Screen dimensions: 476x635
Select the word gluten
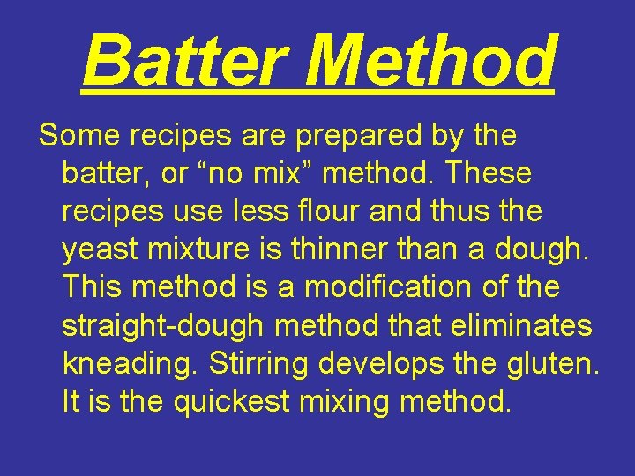(553, 364)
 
